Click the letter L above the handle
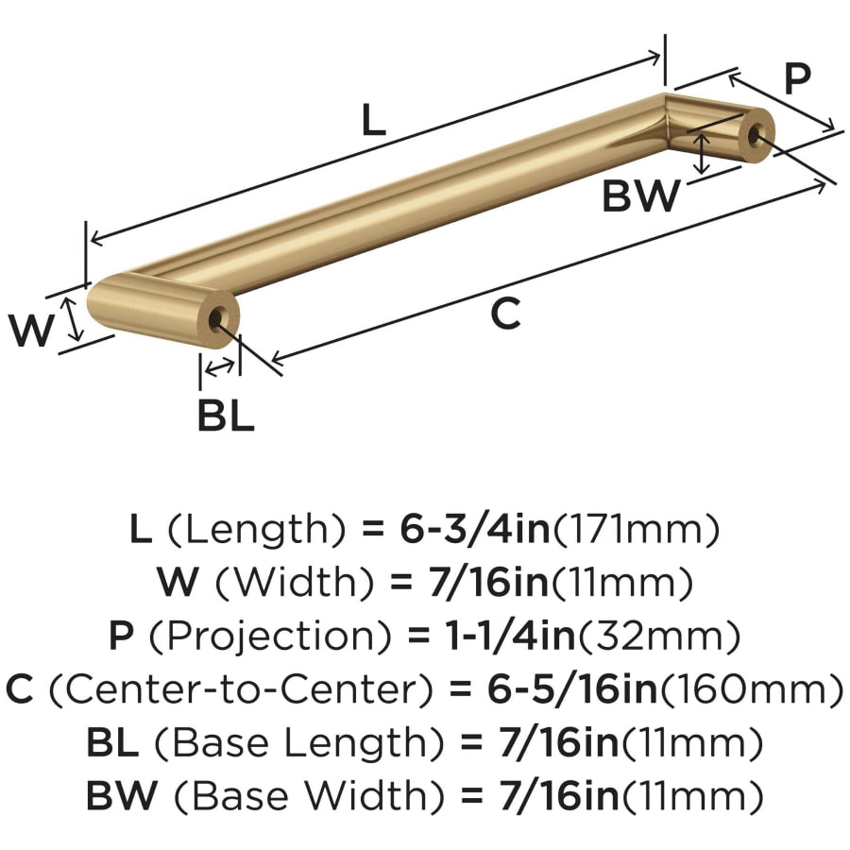point(373,119)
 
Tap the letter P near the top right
point(797,78)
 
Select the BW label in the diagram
point(640,195)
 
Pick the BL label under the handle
point(226,416)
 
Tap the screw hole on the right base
point(754,134)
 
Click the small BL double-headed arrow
point(219,368)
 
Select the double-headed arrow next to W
point(72,319)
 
